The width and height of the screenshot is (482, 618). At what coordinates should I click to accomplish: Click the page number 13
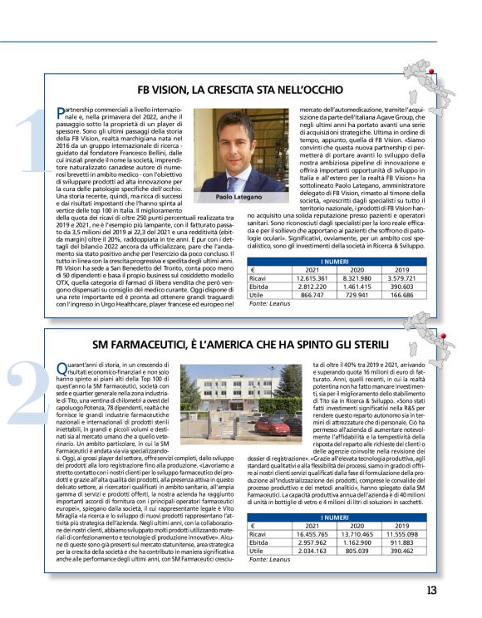click(454, 591)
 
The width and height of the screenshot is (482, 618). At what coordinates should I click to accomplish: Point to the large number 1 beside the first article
click(27, 141)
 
